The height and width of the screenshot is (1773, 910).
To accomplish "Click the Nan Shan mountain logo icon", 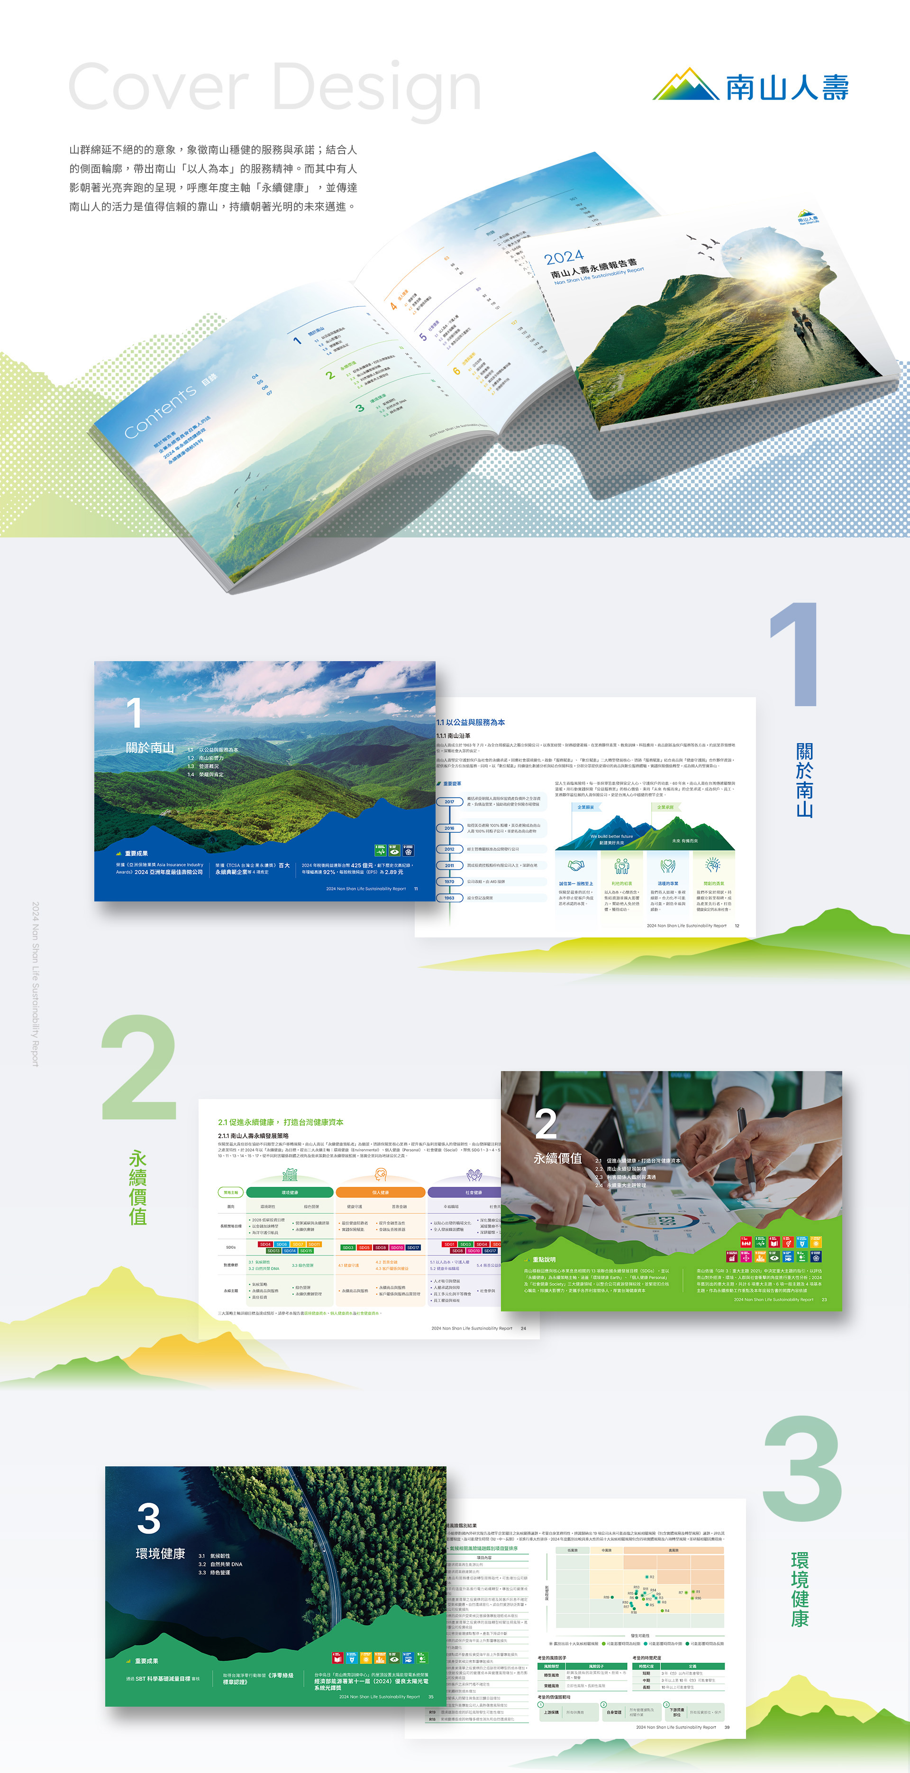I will [x=685, y=85].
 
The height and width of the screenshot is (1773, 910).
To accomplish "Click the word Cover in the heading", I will [x=158, y=87].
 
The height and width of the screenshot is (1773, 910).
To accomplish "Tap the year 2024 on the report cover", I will [x=563, y=257].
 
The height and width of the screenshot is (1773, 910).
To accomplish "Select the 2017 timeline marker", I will [x=449, y=802].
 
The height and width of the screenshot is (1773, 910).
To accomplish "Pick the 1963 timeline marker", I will [x=449, y=898].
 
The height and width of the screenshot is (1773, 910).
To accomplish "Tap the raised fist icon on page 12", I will [x=713, y=864].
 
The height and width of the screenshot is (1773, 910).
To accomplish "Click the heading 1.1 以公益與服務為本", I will [x=471, y=722].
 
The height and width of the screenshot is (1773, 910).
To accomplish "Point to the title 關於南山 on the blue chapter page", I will [x=150, y=748].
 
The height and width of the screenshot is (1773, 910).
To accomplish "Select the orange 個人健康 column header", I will [x=380, y=1192].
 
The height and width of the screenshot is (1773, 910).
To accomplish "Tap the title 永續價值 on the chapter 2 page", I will [x=557, y=1158].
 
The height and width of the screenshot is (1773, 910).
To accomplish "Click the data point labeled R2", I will [x=646, y=1576].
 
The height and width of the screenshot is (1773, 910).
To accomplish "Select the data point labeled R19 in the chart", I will [x=613, y=1597].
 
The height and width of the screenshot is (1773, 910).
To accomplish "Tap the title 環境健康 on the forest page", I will [x=160, y=1554].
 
